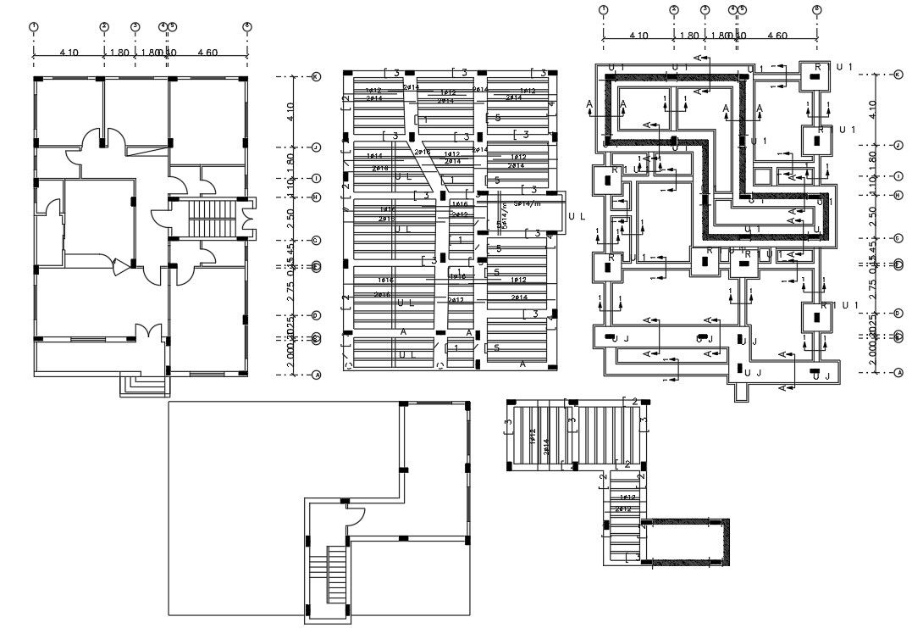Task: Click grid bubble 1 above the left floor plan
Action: point(34,26)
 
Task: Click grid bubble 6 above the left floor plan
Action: point(247,26)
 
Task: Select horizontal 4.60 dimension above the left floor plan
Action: point(207,53)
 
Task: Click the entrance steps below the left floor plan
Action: point(146,386)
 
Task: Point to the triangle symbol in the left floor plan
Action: point(120,266)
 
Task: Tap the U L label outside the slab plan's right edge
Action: point(577,217)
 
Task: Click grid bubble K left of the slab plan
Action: point(317,76)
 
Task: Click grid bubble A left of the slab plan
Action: point(317,374)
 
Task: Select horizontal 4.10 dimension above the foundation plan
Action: point(639,36)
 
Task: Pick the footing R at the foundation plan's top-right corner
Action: point(816,75)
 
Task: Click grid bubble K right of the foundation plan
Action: point(898,75)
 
